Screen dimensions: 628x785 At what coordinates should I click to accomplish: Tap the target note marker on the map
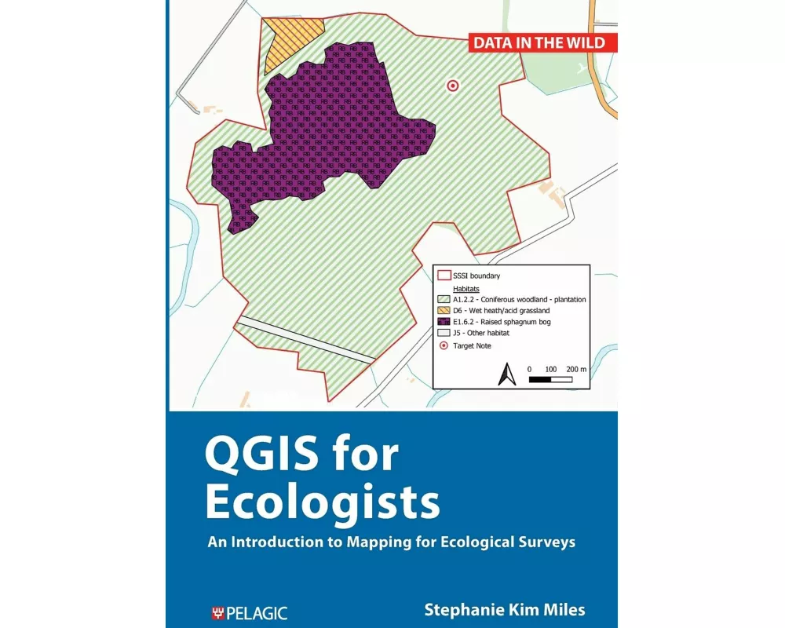pos(452,86)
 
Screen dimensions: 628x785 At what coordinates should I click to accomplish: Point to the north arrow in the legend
pos(506,374)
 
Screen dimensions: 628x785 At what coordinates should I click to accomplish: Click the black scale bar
pos(549,379)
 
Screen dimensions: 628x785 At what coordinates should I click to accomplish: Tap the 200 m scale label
pos(577,368)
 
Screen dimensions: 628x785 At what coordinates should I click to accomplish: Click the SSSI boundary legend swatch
pos(444,276)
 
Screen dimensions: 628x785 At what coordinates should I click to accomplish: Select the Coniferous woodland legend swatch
pos(444,299)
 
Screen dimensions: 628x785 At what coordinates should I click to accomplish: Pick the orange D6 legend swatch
pos(444,311)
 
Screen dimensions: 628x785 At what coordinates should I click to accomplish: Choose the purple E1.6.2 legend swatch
pos(444,322)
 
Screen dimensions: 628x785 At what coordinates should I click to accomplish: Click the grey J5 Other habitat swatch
pos(444,333)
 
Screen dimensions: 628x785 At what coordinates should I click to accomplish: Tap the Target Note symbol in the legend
pos(444,345)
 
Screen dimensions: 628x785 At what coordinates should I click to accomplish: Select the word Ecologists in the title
pos(322,502)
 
